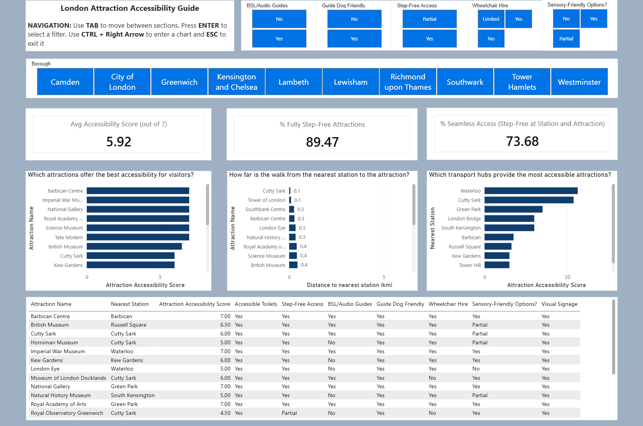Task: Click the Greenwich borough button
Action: (x=179, y=82)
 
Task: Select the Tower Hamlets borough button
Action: (x=522, y=82)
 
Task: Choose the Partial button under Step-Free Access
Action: (x=429, y=19)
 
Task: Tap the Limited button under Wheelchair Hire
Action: (x=491, y=19)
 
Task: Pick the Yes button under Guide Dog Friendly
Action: (x=354, y=39)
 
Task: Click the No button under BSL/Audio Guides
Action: (x=279, y=19)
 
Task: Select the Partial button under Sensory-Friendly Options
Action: (x=566, y=39)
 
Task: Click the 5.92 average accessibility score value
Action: (x=119, y=142)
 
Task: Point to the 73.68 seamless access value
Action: (x=522, y=141)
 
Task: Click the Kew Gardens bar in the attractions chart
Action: (x=130, y=265)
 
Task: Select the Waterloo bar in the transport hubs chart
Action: (x=531, y=191)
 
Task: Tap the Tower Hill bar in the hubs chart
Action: (x=497, y=265)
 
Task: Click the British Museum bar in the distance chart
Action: (x=293, y=265)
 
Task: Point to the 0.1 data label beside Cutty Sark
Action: (x=297, y=191)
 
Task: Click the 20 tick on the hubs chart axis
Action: (x=567, y=277)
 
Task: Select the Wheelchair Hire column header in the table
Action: (x=448, y=304)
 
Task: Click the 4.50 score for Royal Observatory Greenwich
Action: (x=225, y=413)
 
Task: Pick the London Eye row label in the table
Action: (x=45, y=369)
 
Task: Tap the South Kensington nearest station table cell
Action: (x=133, y=395)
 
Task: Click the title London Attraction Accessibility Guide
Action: (x=130, y=8)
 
